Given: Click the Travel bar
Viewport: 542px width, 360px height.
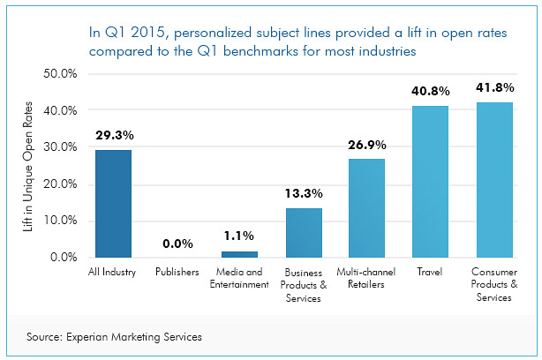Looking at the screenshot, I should pos(430,181).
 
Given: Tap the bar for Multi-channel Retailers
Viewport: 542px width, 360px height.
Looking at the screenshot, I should pos(367,207).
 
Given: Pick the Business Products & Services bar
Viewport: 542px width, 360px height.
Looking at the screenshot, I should pos(304,232).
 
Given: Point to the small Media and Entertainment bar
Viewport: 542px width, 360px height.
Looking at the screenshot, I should pos(240,254).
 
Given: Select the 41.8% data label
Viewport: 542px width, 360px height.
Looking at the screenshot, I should pos(494,90).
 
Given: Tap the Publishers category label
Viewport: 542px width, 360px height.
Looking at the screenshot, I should pos(177,273).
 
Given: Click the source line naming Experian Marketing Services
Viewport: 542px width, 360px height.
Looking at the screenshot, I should pos(114,335).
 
